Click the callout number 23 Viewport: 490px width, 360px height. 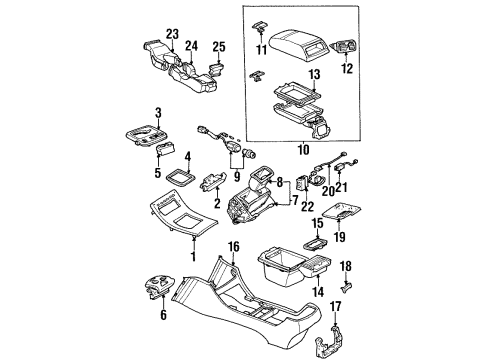coord(173,34)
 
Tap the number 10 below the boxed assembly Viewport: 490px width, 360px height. coord(303,149)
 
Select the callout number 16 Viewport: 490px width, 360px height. coord(234,247)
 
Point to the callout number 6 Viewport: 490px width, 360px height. coord(163,315)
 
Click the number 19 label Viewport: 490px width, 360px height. coord(340,237)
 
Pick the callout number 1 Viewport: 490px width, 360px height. coord(193,256)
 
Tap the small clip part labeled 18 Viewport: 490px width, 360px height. coord(348,286)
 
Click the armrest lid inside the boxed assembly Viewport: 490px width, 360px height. coord(298,45)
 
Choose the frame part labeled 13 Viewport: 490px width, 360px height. coord(298,92)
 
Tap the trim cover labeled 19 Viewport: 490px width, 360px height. coord(341,211)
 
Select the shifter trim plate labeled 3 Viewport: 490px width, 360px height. coord(148,135)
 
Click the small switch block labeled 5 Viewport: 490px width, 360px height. coord(166,148)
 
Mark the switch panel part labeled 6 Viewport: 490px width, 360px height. coord(160,285)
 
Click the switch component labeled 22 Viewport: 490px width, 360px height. coord(302,182)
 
